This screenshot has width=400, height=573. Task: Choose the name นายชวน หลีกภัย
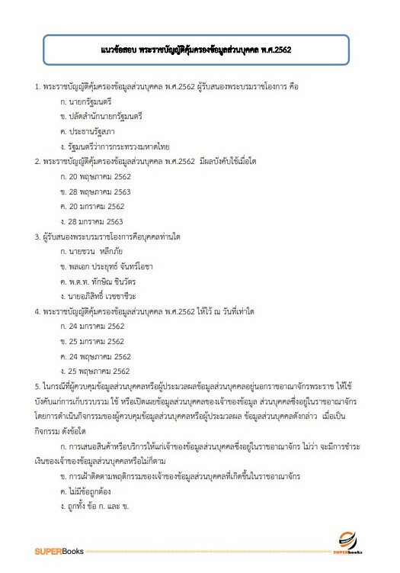point(98,251)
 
